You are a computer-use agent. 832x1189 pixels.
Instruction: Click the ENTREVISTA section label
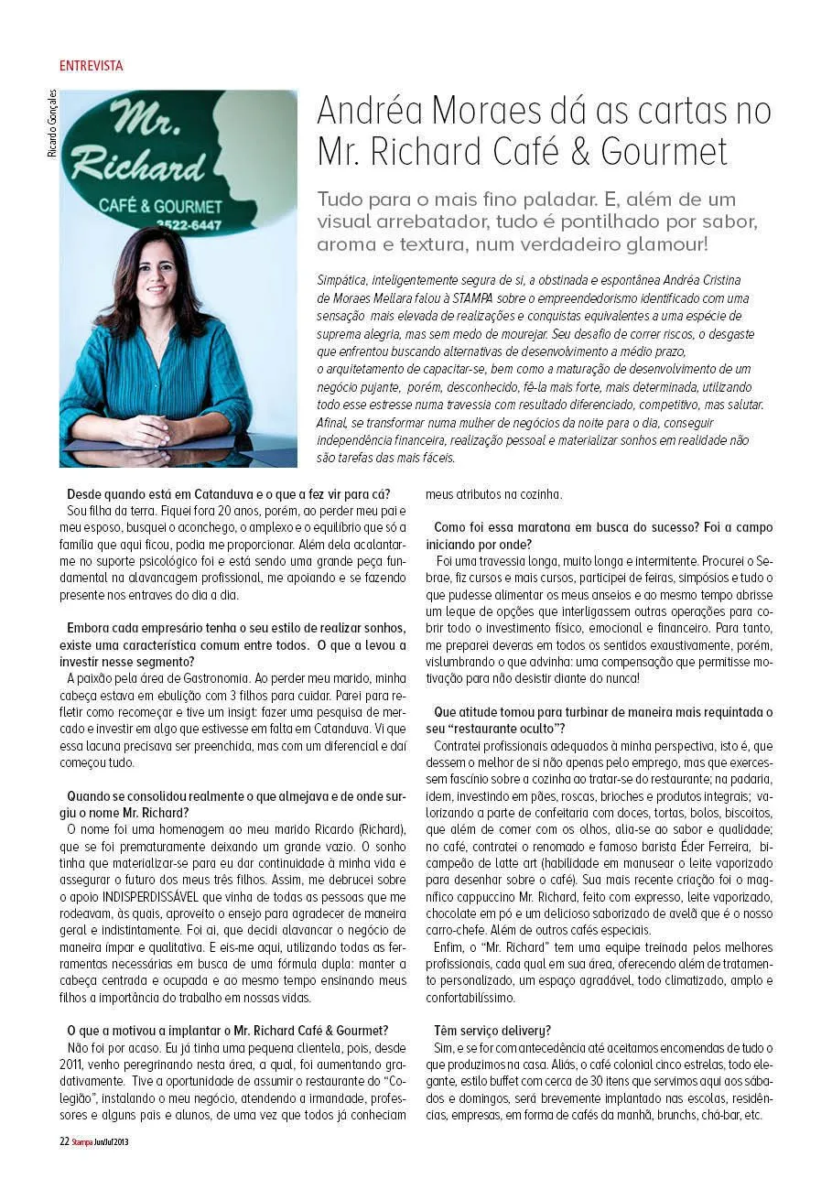(x=91, y=66)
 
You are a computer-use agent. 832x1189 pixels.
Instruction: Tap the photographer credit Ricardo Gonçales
(x=52, y=124)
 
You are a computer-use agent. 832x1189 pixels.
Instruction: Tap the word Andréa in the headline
(x=378, y=112)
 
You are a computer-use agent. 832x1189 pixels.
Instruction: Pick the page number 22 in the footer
(x=64, y=1141)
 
